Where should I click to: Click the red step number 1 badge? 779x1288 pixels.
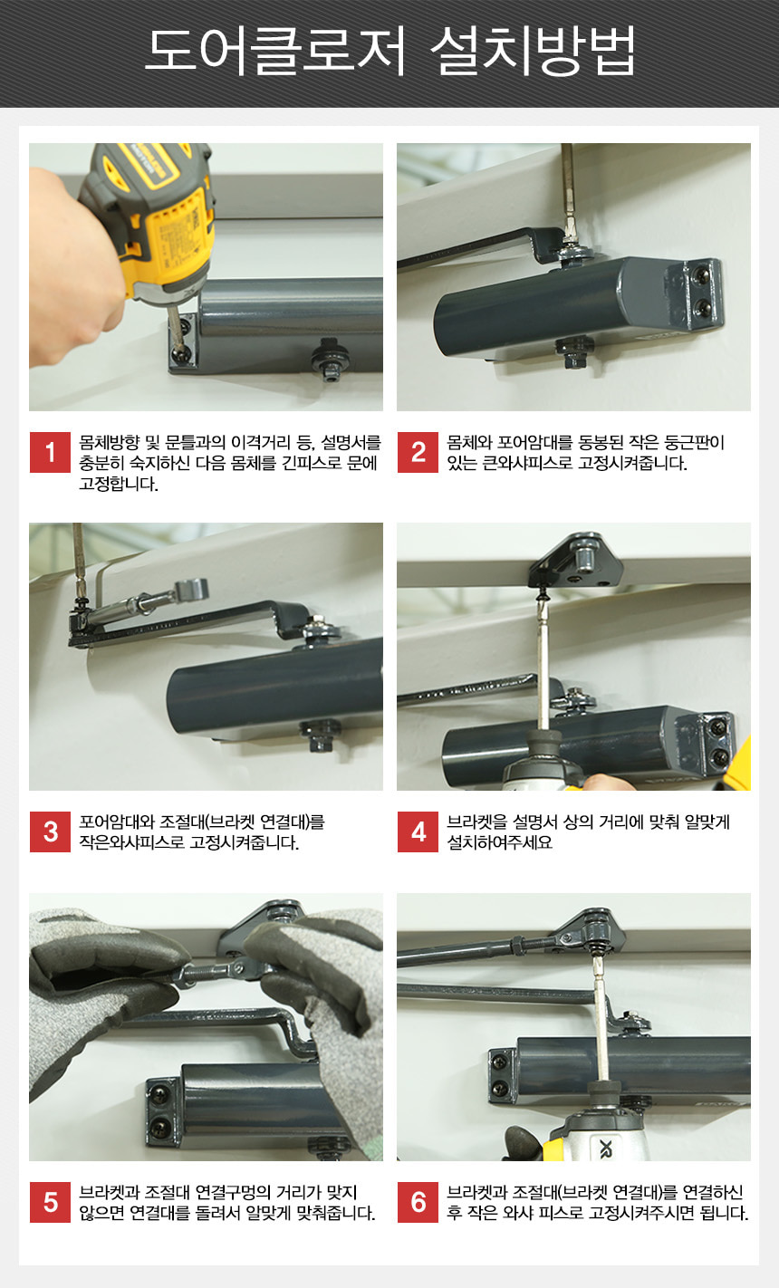pyautogui.click(x=50, y=452)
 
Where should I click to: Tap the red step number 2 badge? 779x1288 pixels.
pyautogui.click(x=418, y=452)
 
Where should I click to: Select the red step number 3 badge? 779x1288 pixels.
pyautogui.click(x=50, y=831)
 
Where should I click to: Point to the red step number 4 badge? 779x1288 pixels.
pyautogui.click(x=418, y=831)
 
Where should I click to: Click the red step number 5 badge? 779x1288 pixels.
pyautogui.click(x=50, y=1202)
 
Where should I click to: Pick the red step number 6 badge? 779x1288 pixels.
pyautogui.click(x=418, y=1202)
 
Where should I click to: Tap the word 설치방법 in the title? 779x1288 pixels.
pyautogui.click(x=533, y=51)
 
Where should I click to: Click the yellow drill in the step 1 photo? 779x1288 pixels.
pyautogui.click(x=152, y=230)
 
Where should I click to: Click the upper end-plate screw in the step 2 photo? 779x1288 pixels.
pyautogui.click(x=701, y=276)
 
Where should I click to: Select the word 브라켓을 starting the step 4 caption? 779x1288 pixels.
pyautogui.click(x=474, y=822)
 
